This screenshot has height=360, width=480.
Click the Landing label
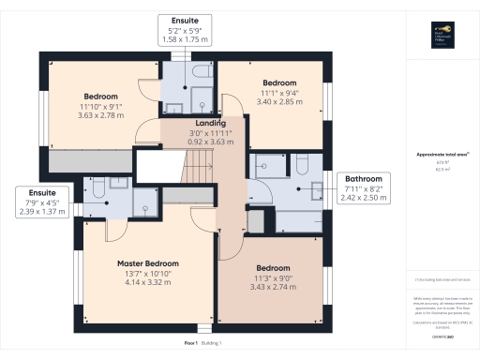(x=210, y=123)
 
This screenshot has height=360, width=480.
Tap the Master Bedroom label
(x=147, y=263)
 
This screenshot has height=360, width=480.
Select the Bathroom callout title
(x=363, y=178)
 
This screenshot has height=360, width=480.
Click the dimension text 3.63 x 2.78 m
(x=100, y=115)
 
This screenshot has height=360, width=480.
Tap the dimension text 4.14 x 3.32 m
(x=147, y=282)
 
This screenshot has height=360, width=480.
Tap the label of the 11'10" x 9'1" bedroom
(x=100, y=97)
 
